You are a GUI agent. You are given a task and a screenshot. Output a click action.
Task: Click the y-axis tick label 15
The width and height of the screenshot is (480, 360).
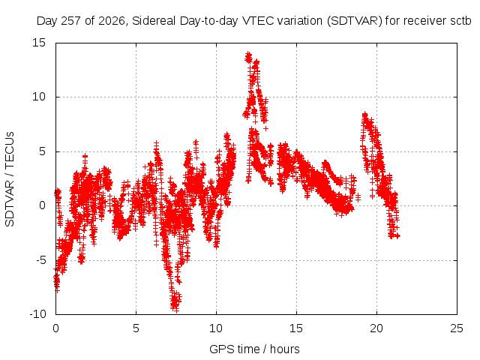[39, 43]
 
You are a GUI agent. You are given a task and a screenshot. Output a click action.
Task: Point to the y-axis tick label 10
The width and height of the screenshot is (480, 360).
[39, 97]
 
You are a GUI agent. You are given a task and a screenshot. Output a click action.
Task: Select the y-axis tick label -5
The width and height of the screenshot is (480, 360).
[40, 260]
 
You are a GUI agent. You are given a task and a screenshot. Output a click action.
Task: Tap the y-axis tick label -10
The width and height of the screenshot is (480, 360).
[37, 314]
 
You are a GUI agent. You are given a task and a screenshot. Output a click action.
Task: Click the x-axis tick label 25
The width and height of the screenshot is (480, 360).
[457, 328]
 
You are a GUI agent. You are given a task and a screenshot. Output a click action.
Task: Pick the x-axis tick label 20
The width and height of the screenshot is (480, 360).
[376, 328]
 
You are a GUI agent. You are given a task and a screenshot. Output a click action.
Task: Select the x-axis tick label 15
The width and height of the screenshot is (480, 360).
[296, 328]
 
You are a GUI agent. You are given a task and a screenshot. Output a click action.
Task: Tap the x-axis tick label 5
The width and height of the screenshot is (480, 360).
[136, 328]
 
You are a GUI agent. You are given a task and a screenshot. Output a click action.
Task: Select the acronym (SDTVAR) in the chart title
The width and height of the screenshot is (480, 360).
[355, 21]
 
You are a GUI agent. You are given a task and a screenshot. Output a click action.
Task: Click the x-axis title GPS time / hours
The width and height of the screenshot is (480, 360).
[254, 349]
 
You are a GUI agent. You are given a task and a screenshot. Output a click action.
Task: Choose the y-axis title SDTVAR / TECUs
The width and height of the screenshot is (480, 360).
[10, 179]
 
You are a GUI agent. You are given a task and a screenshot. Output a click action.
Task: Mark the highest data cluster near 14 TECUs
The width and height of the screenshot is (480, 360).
[248, 57]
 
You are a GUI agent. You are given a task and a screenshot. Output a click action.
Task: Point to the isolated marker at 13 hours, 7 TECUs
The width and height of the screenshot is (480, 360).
[266, 128]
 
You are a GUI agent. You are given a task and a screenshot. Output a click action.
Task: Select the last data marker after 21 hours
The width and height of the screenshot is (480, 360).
[397, 235]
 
